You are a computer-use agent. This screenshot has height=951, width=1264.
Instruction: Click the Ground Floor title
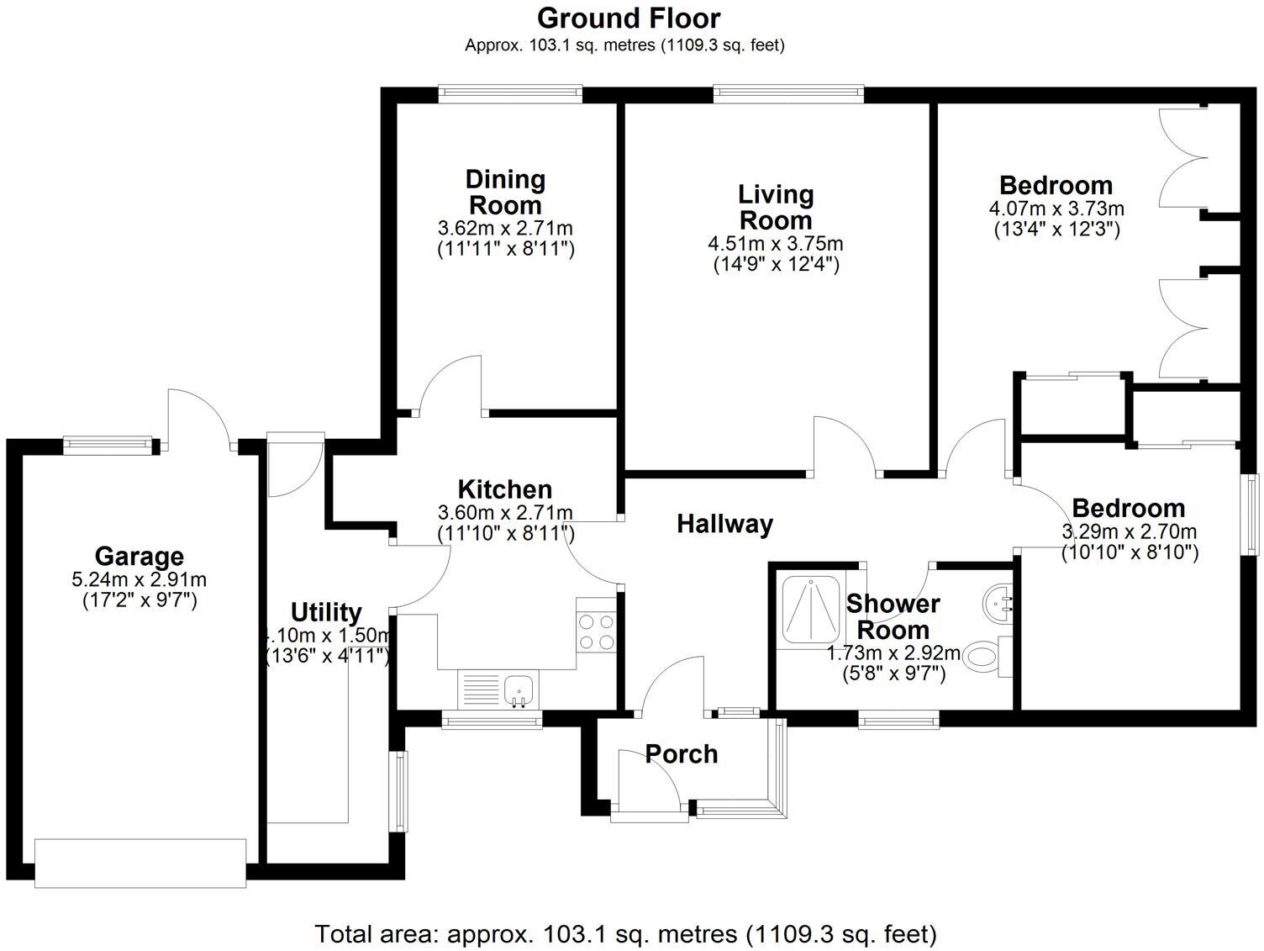pos(629,18)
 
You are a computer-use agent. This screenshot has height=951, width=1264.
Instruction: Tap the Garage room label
pos(140,557)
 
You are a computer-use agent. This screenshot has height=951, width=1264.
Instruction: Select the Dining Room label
pos(505,193)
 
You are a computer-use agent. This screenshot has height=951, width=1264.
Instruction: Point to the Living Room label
pos(776,208)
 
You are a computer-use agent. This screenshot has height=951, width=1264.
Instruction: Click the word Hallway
pos(724,524)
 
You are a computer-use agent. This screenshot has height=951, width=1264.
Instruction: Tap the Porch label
pos(682,754)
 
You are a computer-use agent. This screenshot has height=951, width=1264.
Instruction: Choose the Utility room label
pos(326,612)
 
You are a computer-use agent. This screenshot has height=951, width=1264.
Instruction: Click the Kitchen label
pos(505,489)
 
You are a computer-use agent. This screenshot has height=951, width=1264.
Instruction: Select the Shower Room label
pos(893,617)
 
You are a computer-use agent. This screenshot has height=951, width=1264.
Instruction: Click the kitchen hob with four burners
pos(596,632)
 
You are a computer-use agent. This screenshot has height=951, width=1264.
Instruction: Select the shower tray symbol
pos(811,608)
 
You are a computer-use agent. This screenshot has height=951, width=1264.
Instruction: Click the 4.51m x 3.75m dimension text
pos(776,244)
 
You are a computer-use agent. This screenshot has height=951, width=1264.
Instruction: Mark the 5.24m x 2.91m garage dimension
pos(140,579)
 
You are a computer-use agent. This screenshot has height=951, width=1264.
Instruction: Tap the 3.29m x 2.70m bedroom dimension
pos(1129,531)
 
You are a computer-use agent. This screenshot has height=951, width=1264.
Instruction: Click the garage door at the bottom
pos(140,864)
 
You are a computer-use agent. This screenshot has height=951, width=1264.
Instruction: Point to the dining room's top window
pos(510,94)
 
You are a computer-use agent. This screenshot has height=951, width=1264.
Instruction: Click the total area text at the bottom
pos(626,933)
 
